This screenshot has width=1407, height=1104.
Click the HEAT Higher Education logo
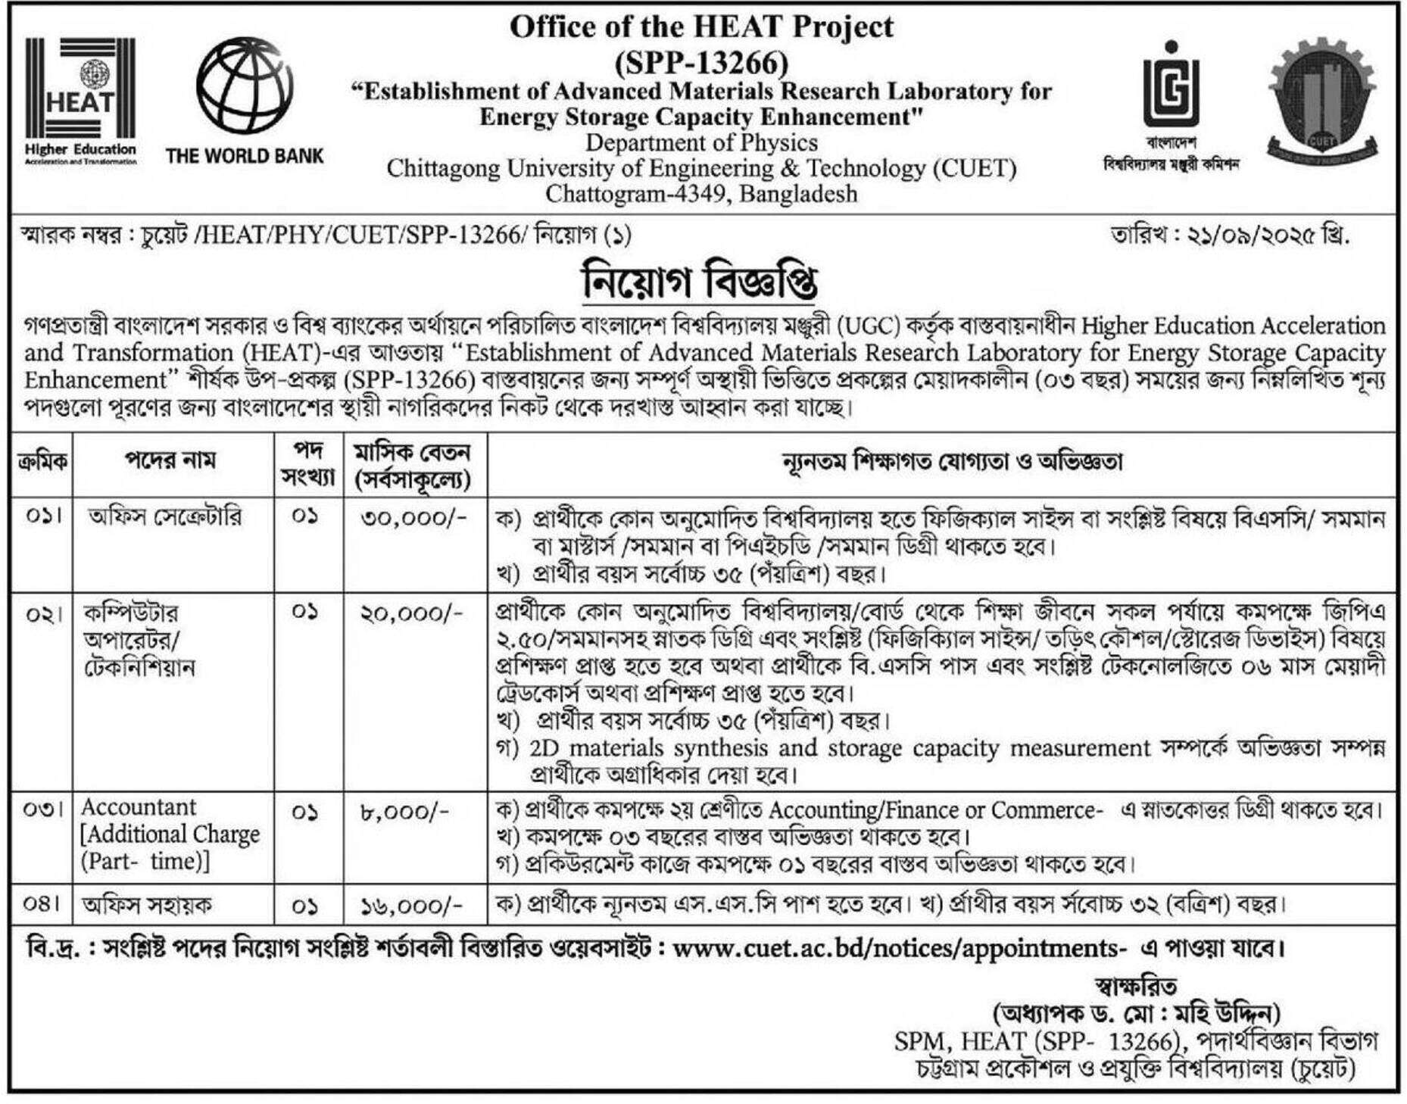[x=80, y=101]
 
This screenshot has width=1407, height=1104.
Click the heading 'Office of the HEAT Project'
[x=701, y=27]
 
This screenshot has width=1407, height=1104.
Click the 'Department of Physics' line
[x=701, y=142]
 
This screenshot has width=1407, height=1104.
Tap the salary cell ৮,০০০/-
[x=404, y=812]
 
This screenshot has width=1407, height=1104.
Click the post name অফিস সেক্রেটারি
[x=165, y=517]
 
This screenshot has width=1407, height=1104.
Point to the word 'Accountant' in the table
[x=139, y=807]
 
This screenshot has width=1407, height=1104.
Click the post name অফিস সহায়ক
[x=148, y=905]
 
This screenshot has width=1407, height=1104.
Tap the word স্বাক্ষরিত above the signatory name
[x=1136, y=987]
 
